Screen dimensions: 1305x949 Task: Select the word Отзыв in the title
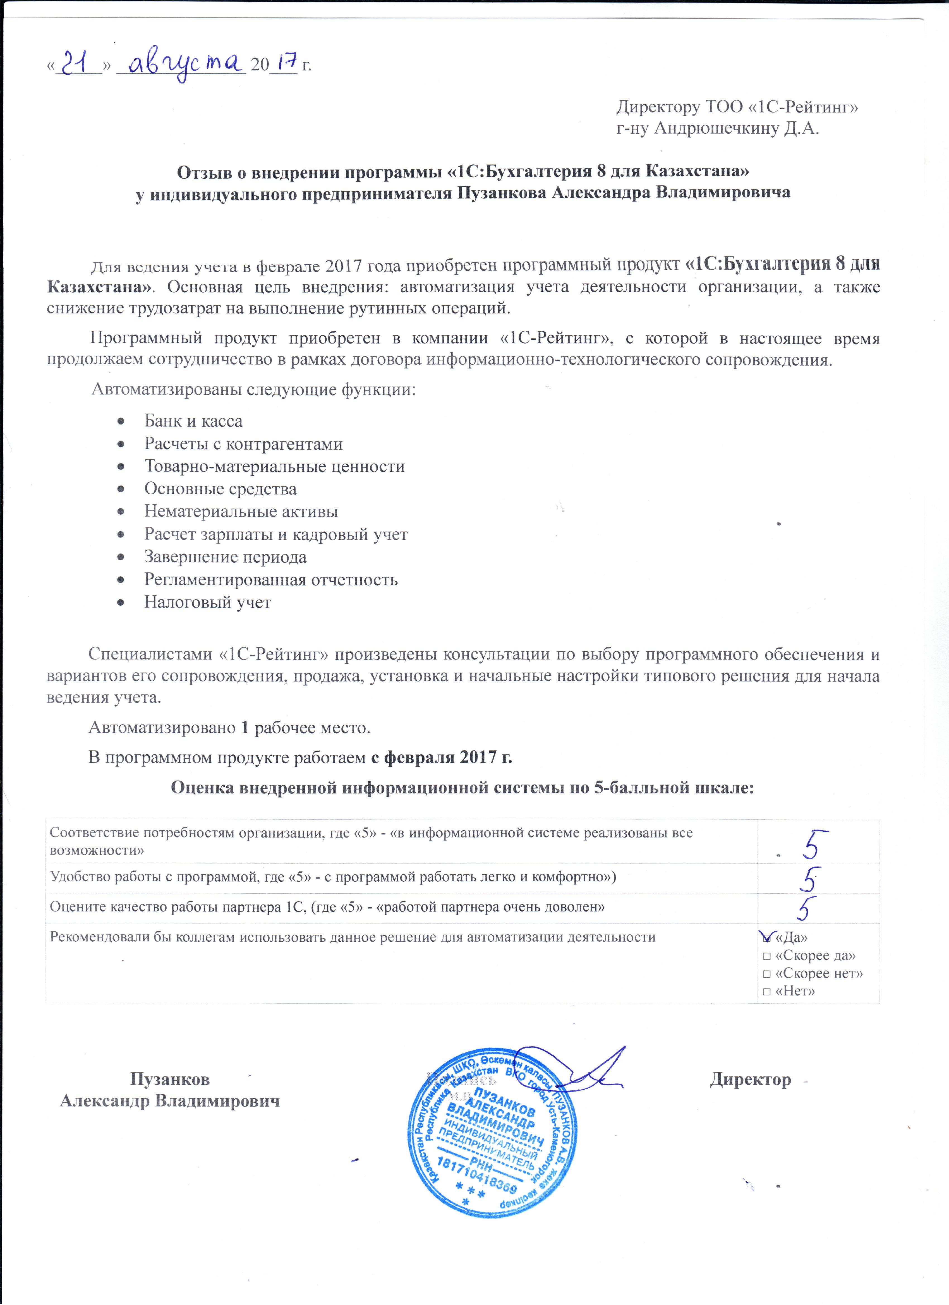click(204, 171)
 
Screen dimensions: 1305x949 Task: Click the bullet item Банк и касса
click(193, 421)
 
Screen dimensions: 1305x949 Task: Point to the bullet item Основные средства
click(221, 489)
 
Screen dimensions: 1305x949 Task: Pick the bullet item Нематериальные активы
click(241, 512)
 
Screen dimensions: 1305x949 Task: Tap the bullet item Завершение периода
click(225, 557)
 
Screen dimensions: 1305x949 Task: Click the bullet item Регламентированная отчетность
click(270, 579)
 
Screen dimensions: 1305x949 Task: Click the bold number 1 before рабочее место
click(245, 728)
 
